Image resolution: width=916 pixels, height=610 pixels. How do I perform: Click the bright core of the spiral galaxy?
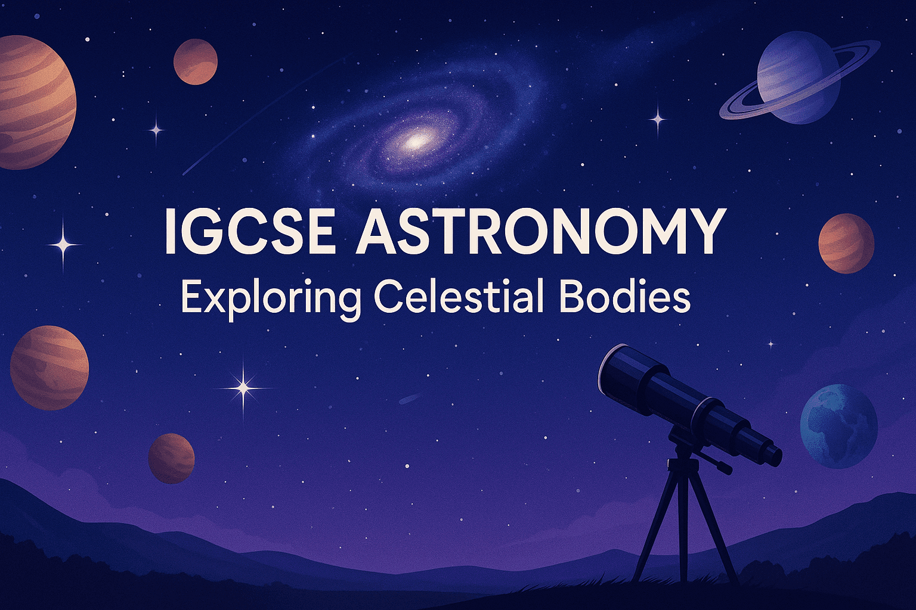(x=416, y=141)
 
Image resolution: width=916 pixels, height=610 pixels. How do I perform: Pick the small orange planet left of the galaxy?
(x=196, y=62)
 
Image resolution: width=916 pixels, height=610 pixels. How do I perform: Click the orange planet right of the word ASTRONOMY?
(x=846, y=243)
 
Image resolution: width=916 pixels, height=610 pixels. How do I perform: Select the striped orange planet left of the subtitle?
(x=49, y=368)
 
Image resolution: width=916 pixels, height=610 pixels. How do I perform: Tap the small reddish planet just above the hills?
(x=171, y=457)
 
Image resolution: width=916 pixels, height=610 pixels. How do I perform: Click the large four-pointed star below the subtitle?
(x=243, y=388)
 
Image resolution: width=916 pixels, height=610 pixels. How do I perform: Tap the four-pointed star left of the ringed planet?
(x=658, y=119)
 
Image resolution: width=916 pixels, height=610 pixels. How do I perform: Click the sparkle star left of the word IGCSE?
(x=64, y=243)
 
